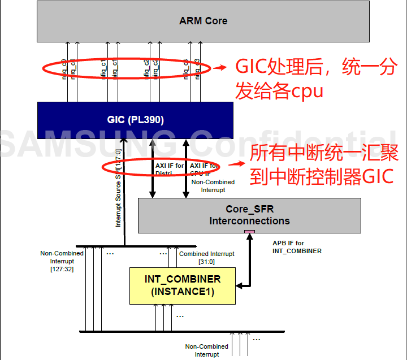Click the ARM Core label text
pyautogui.click(x=203, y=21)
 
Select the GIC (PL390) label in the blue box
pyautogui.click(x=135, y=119)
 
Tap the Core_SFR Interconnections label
pyautogui.click(x=249, y=215)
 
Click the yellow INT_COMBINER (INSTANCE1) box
pyautogui.click(x=182, y=285)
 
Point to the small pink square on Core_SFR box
pyautogui.click(x=249, y=232)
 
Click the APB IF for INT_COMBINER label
pyautogui.click(x=297, y=247)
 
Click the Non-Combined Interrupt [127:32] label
pyautogui.click(x=62, y=261)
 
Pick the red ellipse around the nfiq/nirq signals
pyautogui.click(x=126, y=68)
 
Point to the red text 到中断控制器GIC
pyautogui.click(x=321, y=176)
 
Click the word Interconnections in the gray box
pyautogui.click(x=249, y=221)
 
